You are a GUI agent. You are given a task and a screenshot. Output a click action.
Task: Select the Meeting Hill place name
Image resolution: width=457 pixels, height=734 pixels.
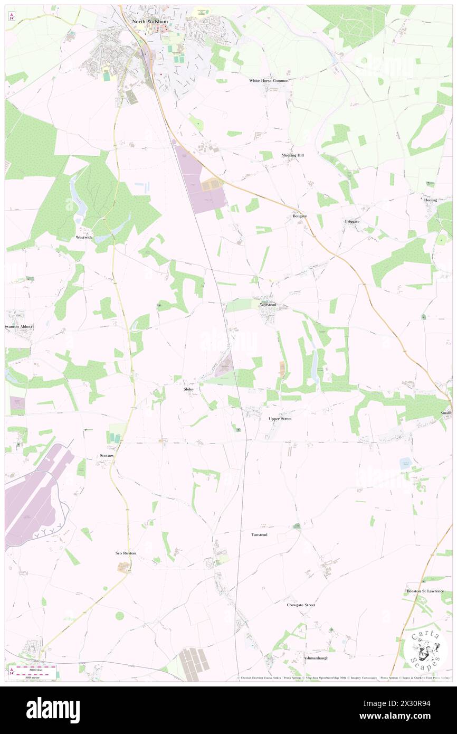tap(292, 155)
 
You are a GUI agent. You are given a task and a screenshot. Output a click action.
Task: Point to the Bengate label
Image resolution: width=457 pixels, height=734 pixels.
tap(300, 216)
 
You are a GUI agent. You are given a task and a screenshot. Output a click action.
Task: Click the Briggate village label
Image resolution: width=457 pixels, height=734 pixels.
tap(351, 221)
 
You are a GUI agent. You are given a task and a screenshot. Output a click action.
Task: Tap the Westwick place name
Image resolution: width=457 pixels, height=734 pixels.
tap(83, 237)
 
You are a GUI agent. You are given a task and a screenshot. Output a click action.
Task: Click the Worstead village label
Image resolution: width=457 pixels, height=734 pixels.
tap(268, 305)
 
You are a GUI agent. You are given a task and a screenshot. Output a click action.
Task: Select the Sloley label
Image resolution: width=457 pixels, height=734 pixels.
tap(188, 389)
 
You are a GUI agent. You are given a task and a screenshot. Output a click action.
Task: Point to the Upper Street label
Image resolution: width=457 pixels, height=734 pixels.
tap(280, 419)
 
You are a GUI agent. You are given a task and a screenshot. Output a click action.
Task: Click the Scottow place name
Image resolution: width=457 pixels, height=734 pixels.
tap(107, 455)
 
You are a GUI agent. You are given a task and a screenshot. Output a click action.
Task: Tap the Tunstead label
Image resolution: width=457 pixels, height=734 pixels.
tap(259, 535)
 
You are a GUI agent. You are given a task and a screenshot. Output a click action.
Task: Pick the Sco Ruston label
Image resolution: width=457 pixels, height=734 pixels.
tap(126, 553)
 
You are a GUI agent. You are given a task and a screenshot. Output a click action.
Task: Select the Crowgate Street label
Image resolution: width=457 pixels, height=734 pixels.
tap(301, 605)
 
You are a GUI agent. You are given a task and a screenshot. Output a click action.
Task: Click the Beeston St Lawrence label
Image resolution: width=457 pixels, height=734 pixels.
tap(425, 591)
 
